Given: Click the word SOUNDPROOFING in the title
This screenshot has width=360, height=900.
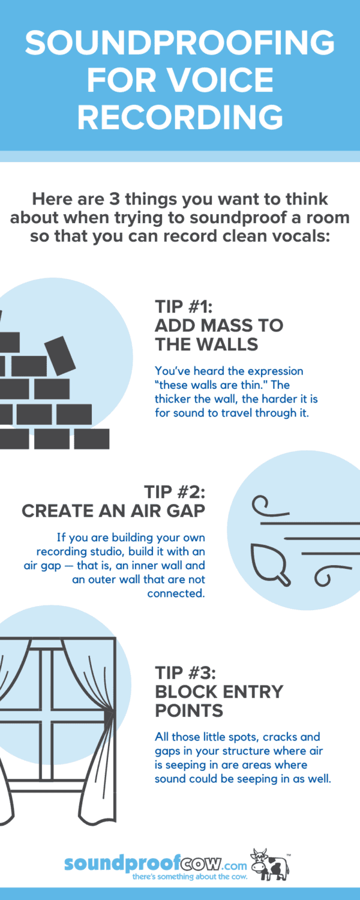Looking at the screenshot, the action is pos(179,43).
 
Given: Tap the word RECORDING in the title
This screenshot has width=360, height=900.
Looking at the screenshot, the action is pos(180,116).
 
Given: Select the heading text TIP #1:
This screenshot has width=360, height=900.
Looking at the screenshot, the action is pos(184,307).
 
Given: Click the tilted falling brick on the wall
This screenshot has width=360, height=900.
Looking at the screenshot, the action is pos(60,356).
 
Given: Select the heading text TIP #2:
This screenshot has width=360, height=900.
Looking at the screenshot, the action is pos(175,492).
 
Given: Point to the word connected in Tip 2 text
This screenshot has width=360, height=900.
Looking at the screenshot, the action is pos(176,593).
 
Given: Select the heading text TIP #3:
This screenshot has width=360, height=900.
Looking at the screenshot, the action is pos(185,673).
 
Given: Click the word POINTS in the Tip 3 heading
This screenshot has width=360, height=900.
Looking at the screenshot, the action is pos(189,711).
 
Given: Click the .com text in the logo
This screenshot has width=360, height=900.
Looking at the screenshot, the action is pos(235,865).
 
